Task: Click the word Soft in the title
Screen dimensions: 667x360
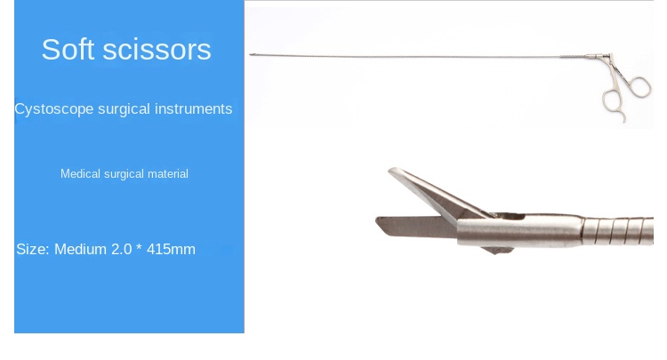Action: [x=68, y=49]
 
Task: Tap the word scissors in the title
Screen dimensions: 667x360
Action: [x=157, y=49]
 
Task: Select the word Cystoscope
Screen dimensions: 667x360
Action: [x=54, y=109]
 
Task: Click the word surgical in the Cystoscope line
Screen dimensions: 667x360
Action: [x=124, y=109]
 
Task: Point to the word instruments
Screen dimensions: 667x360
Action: [x=194, y=108]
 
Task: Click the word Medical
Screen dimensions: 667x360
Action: [x=80, y=173]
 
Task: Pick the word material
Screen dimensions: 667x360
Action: [x=167, y=173]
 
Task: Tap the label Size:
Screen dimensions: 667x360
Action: [x=33, y=249]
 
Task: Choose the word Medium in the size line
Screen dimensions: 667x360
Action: [x=81, y=249]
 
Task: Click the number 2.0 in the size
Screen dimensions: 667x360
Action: [x=122, y=249]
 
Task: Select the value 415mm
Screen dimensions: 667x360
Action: [x=171, y=249]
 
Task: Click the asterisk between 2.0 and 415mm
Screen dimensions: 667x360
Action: [x=139, y=247]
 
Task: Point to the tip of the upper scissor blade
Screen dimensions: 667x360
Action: [x=390, y=170]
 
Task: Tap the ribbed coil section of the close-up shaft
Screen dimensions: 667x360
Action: [x=618, y=231]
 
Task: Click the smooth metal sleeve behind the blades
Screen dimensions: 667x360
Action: [x=519, y=231]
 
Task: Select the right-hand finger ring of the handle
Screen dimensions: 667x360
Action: [x=639, y=87]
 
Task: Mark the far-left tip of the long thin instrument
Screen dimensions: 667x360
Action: [x=251, y=55]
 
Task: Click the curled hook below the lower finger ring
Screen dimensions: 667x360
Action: [x=624, y=117]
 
